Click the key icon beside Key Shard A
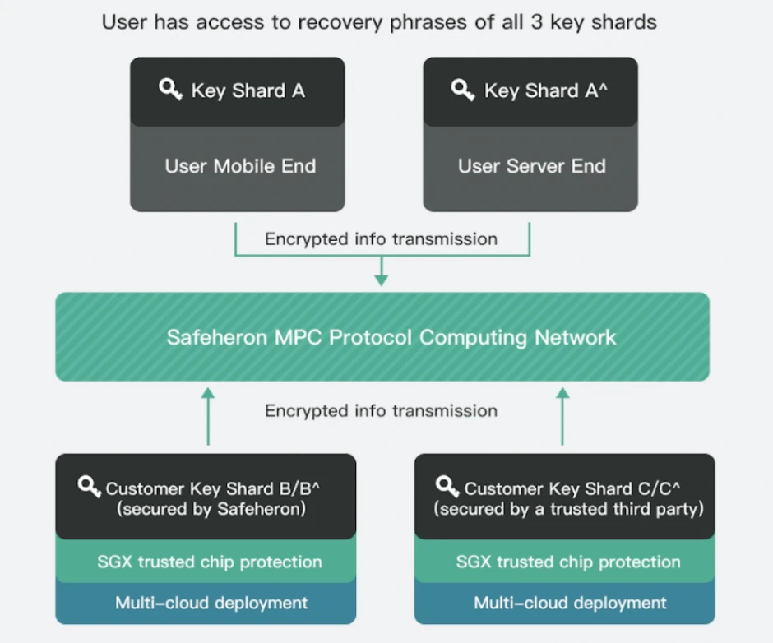(170, 90)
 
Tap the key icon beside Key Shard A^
(463, 90)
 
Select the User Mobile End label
(240, 166)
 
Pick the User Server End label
(531, 166)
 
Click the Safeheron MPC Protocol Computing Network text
(391, 337)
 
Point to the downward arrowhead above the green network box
(381, 280)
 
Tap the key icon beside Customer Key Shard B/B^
(90, 486)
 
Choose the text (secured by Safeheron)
(211, 509)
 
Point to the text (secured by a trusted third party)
(569, 509)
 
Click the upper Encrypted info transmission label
(381, 239)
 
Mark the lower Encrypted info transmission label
(381, 410)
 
